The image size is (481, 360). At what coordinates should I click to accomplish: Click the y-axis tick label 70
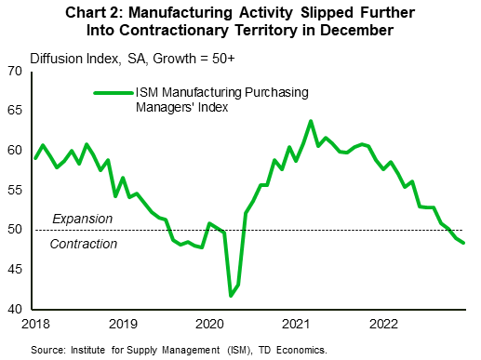coord(17,72)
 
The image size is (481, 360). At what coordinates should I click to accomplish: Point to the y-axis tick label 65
coord(17,111)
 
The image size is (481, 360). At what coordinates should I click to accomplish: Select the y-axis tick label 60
coord(17,151)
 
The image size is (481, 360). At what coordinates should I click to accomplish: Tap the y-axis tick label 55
coord(17,190)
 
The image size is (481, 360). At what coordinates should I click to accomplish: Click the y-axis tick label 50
coord(17,230)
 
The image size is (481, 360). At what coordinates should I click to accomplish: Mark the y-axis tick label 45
coord(17,269)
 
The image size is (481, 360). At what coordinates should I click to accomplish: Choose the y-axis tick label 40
coord(17,309)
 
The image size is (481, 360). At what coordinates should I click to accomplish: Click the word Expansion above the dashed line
coord(82,219)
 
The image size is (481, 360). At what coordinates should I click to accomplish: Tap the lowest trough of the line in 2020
coord(231,296)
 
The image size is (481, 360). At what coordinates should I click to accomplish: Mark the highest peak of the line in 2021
coord(311,121)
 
